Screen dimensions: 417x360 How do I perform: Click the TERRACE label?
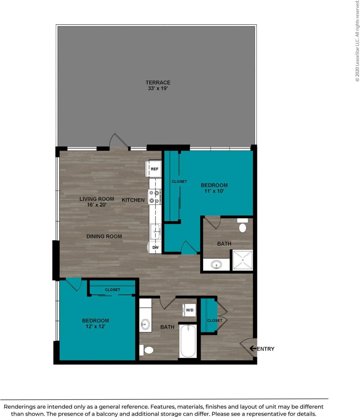(x=158, y=82)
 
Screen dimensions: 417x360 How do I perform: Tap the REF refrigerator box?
(x=154, y=169)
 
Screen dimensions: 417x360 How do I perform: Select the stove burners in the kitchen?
(x=155, y=197)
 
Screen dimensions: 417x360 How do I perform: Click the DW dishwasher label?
(x=155, y=247)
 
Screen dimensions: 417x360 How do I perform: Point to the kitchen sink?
(x=156, y=231)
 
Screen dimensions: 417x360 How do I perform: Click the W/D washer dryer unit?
(x=189, y=310)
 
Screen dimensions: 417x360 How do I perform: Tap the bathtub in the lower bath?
(x=188, y=340)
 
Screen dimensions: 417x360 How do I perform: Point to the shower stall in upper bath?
(x=242, y=260)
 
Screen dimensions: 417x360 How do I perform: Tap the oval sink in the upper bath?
(x=216, y=265)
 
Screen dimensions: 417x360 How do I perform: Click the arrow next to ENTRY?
(x=252, y=349)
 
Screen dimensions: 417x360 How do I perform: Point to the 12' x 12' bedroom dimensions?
(x=95, y=326)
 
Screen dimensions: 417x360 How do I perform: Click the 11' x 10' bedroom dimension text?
(x=214, y=191)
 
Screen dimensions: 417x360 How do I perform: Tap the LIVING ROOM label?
(x=97, y=199)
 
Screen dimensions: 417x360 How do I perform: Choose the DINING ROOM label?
(x=104, y=236)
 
